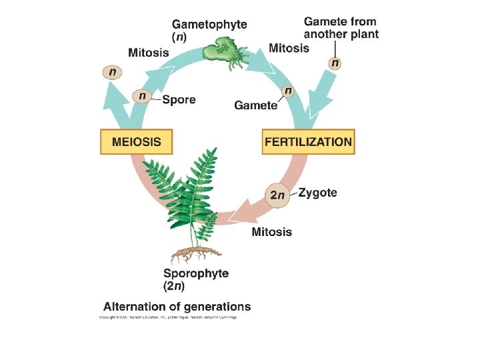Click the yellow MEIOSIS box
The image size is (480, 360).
pos(135,142)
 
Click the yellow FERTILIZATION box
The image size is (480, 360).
pos(308,142)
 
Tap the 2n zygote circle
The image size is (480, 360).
pos(278,195)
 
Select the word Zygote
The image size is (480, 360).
pos(317,193)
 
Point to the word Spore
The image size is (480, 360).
pos(179,100)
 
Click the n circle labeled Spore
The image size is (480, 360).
pos(142,97)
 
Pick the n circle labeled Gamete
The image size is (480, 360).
pos(288,90)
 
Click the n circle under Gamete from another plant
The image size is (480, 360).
pos(335,63)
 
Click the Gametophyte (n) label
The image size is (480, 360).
pos(209,30)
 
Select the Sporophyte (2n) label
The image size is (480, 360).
pos(196,279)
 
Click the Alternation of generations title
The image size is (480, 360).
pos(177,307)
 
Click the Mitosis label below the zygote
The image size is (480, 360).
pos(271,232)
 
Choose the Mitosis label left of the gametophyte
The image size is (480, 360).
pos(148,52)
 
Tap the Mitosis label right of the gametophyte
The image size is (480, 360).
pos(289,48)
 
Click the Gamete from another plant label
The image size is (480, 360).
pos(341,28)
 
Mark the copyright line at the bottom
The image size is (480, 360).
pos(168,317)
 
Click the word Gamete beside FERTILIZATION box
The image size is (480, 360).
pos(255,105)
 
